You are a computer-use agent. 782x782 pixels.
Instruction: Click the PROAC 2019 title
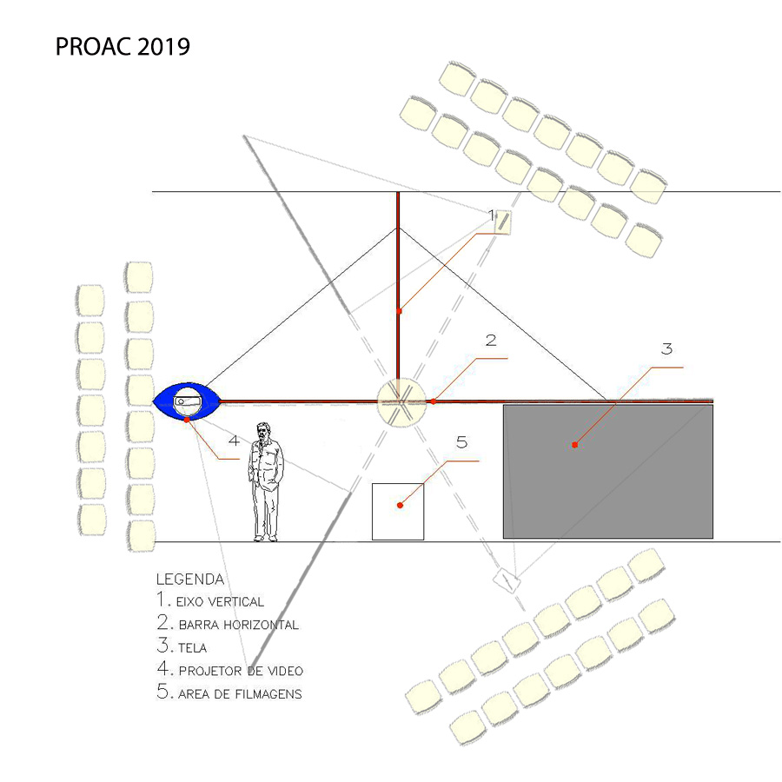point(123,47)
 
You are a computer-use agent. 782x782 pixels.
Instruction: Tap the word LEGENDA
point(190,579)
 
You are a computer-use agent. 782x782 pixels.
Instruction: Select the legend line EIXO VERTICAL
point(210,600)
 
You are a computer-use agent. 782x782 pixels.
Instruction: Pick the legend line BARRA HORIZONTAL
point(228,623)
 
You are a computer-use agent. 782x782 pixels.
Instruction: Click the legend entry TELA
point(182,646)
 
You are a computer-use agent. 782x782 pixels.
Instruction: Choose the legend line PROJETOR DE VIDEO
point(230,670)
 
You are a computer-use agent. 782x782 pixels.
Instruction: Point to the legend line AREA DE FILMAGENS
point(229,693)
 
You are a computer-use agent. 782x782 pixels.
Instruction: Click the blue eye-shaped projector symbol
point(187,401)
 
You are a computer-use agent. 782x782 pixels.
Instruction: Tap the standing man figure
point(266,481)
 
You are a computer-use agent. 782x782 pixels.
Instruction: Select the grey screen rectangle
point(608,471)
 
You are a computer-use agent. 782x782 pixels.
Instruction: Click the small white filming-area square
point(398,512)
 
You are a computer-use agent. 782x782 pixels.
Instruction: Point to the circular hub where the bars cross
point(401,402)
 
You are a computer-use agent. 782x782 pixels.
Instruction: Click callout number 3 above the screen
point(666,348)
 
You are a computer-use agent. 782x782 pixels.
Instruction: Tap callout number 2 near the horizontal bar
point(491,340)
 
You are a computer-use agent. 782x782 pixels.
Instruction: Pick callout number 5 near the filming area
point(462,442)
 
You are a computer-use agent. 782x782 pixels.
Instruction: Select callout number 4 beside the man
point(234,441)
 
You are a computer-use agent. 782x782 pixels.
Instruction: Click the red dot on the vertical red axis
point(399,311)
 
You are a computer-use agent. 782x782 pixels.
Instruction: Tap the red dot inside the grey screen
point(574,445)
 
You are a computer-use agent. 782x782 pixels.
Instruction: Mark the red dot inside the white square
point(400,505)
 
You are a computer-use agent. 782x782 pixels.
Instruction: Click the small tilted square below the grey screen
point(507,581)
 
